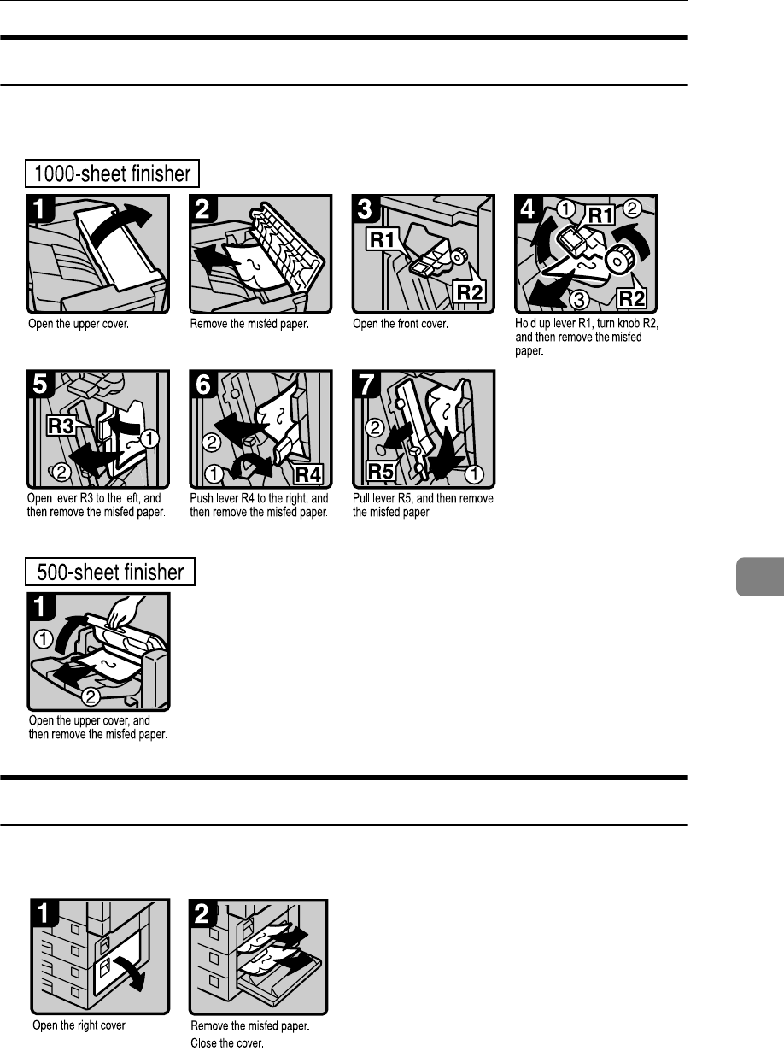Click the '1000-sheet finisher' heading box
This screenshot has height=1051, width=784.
tap(112, 173)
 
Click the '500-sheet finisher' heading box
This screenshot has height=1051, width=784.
tap(110, 572)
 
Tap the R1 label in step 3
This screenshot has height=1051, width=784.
tap(383, 238)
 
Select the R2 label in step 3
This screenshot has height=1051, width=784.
tap(470, 291)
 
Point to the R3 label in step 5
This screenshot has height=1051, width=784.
tap(61, 426)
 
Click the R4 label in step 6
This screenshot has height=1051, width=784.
tap(308, 474)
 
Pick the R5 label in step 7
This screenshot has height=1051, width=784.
tap(381, 471)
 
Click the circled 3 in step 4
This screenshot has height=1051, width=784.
tap(579, 300)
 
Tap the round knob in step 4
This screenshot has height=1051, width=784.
tap(619, 260)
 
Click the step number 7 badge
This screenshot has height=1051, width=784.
tap(367, 385)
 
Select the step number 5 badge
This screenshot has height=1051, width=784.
tap(41, 385)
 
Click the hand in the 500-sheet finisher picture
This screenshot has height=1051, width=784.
tap(126, 612)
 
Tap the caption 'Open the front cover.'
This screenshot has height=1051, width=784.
tap(401, 324)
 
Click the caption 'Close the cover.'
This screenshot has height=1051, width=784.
tap(227, 1042)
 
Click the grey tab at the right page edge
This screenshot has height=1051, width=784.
tap(760, 577)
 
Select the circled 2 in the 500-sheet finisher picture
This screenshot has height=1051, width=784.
tap(91, 696)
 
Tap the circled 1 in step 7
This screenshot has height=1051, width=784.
tap(474, 474)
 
